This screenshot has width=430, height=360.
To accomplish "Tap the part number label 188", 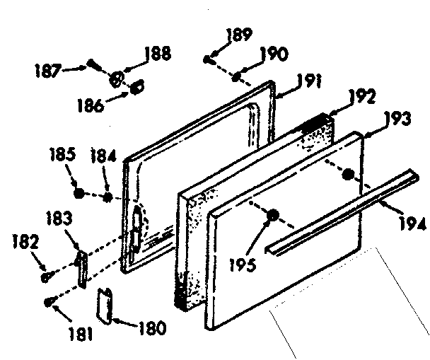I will (x=157, y=54).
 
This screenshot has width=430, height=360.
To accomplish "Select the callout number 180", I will (x=151, y=327).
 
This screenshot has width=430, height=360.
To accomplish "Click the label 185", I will (x=61, y=153).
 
